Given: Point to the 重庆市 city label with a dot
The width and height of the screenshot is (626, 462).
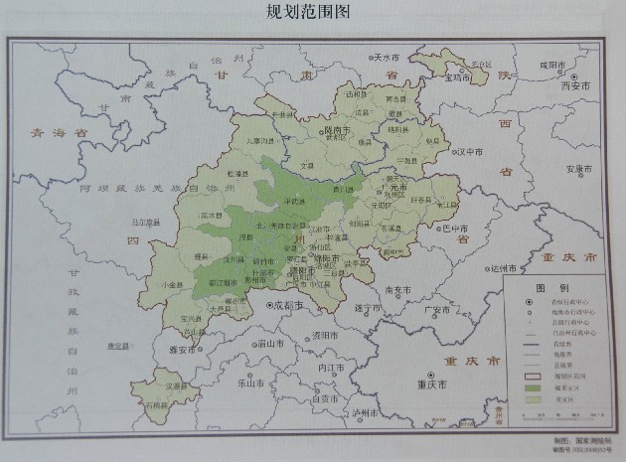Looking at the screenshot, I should (434, 384).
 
